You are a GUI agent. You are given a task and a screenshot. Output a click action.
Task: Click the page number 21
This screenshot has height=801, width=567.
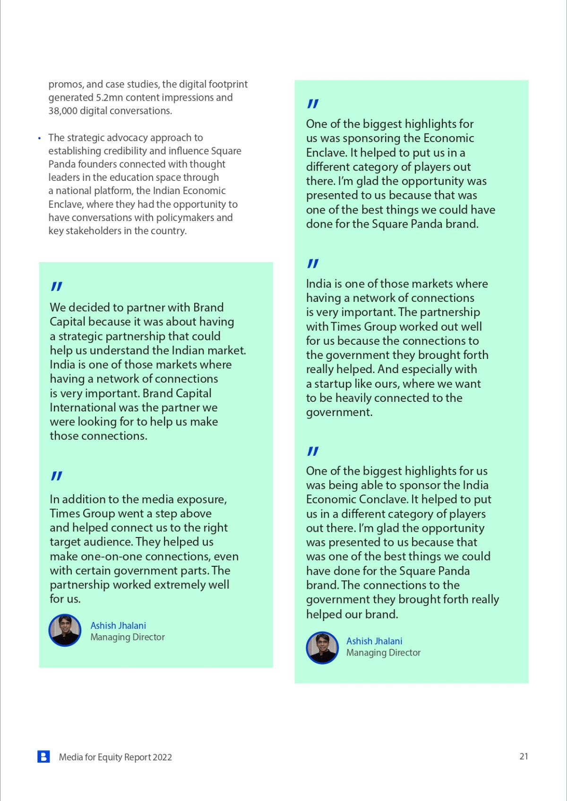(x=524, y=756)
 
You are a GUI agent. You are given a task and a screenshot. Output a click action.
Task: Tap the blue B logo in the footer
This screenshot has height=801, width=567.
(x=43, y=756)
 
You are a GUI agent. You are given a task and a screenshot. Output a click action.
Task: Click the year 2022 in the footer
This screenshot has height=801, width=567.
(x=162, y=757)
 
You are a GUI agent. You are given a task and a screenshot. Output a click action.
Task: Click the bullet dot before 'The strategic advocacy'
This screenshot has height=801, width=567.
(x=39, y=138)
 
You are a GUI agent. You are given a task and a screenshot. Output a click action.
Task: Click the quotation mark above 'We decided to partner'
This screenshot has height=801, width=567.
(x=56, y=286)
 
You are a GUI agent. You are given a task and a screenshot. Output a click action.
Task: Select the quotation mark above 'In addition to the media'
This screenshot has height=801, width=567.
(x=56, y=476)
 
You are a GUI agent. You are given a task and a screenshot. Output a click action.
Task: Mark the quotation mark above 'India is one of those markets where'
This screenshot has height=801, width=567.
(x=312, y=263)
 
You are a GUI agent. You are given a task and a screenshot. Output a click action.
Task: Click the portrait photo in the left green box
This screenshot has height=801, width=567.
(x=65, y=630)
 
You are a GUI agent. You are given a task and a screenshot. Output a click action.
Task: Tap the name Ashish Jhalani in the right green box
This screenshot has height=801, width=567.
(x=374, y=641)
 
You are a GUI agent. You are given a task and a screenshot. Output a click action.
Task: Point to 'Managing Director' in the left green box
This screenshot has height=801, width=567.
(x=128, y=637)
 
